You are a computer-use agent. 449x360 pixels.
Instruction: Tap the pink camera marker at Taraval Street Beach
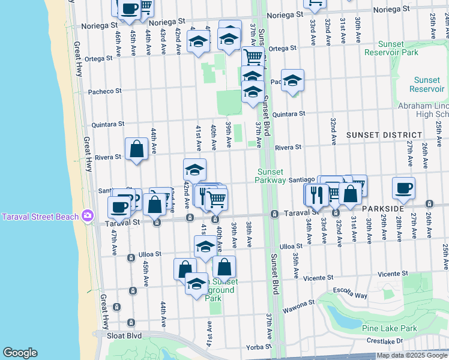point(88,215)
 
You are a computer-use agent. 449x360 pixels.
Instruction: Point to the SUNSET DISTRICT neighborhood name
point(381,136)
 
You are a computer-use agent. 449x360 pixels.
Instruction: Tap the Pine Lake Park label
point(389,328)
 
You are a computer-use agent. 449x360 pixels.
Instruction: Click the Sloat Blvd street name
point(125,336)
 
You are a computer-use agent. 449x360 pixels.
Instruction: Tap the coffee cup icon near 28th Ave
point(403,187)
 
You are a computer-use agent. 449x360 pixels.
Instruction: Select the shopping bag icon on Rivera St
point(136,148)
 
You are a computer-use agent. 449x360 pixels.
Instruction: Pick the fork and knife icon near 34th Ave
point(316,193)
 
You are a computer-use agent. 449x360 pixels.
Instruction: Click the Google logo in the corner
point(20,353)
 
